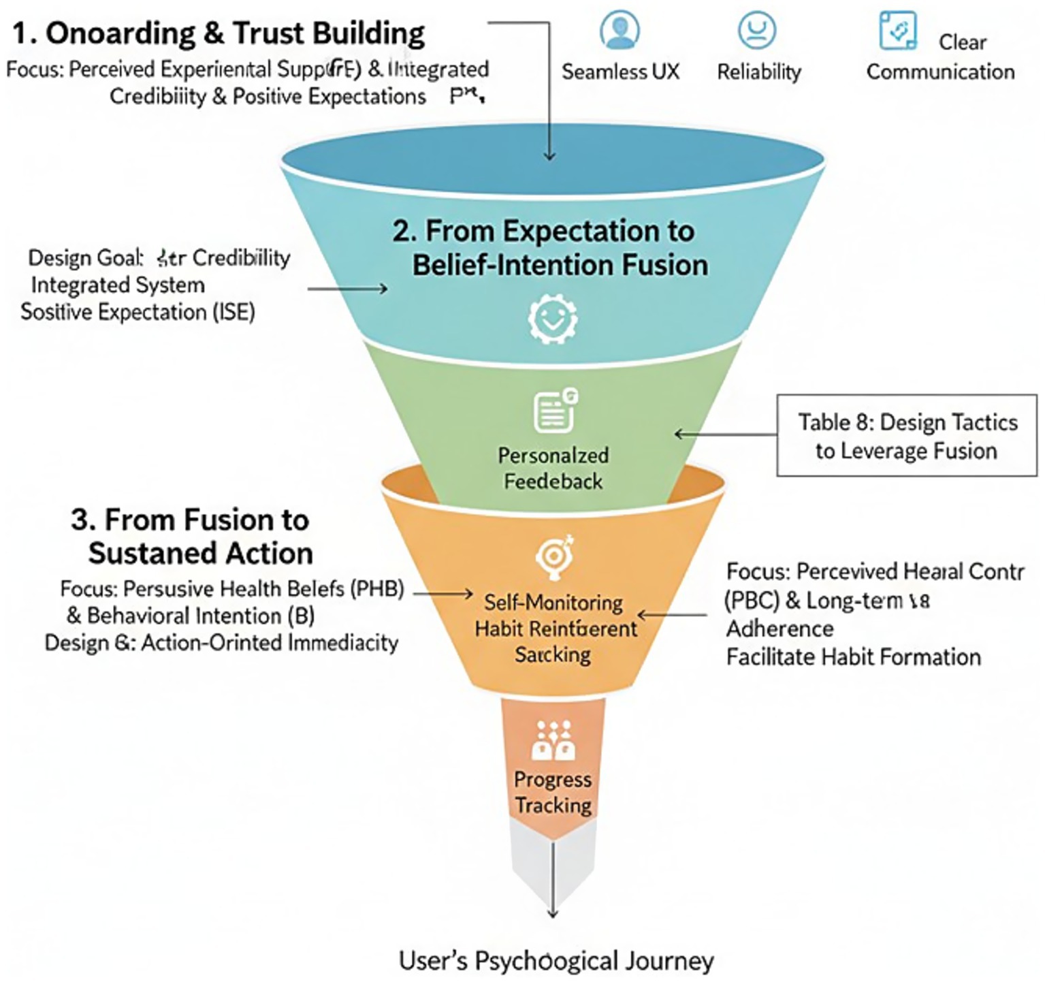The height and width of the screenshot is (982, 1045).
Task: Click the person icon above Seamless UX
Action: [x=620, y=30]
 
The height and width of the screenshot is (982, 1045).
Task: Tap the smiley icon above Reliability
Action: [x=757, y=30]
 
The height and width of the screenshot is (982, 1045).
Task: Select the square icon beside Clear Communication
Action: [x=897, y=31]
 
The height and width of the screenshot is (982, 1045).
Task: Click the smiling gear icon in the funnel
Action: [x=553, y=317]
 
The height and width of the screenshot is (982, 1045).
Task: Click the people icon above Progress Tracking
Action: [x=553, y=740]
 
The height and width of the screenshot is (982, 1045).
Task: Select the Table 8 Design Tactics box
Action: [x=907, y=436]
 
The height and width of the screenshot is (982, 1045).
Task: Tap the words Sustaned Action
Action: [x=201, y=552]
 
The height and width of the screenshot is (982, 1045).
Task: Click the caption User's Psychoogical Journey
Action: [x=556, y=960]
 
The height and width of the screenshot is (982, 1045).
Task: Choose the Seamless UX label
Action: [x=620, y=72]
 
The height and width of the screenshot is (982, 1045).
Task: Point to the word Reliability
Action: [x=758, y=72]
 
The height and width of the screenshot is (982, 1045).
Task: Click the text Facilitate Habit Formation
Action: [x=853, y=656]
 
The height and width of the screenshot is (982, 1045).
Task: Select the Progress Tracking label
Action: [x=553, y=792]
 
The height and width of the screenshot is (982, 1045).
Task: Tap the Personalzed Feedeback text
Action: [x=553, y=468]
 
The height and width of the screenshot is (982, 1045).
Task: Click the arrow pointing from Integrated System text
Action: [x=347, y=289]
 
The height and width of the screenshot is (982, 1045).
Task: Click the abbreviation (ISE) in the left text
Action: [x=234, y=312]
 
